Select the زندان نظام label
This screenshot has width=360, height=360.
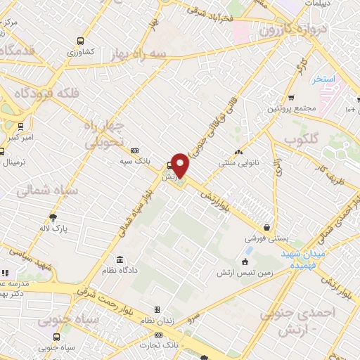[157, 321]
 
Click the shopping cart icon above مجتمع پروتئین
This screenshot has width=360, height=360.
[291, 98]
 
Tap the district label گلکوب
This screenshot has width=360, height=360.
[304, 139]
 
